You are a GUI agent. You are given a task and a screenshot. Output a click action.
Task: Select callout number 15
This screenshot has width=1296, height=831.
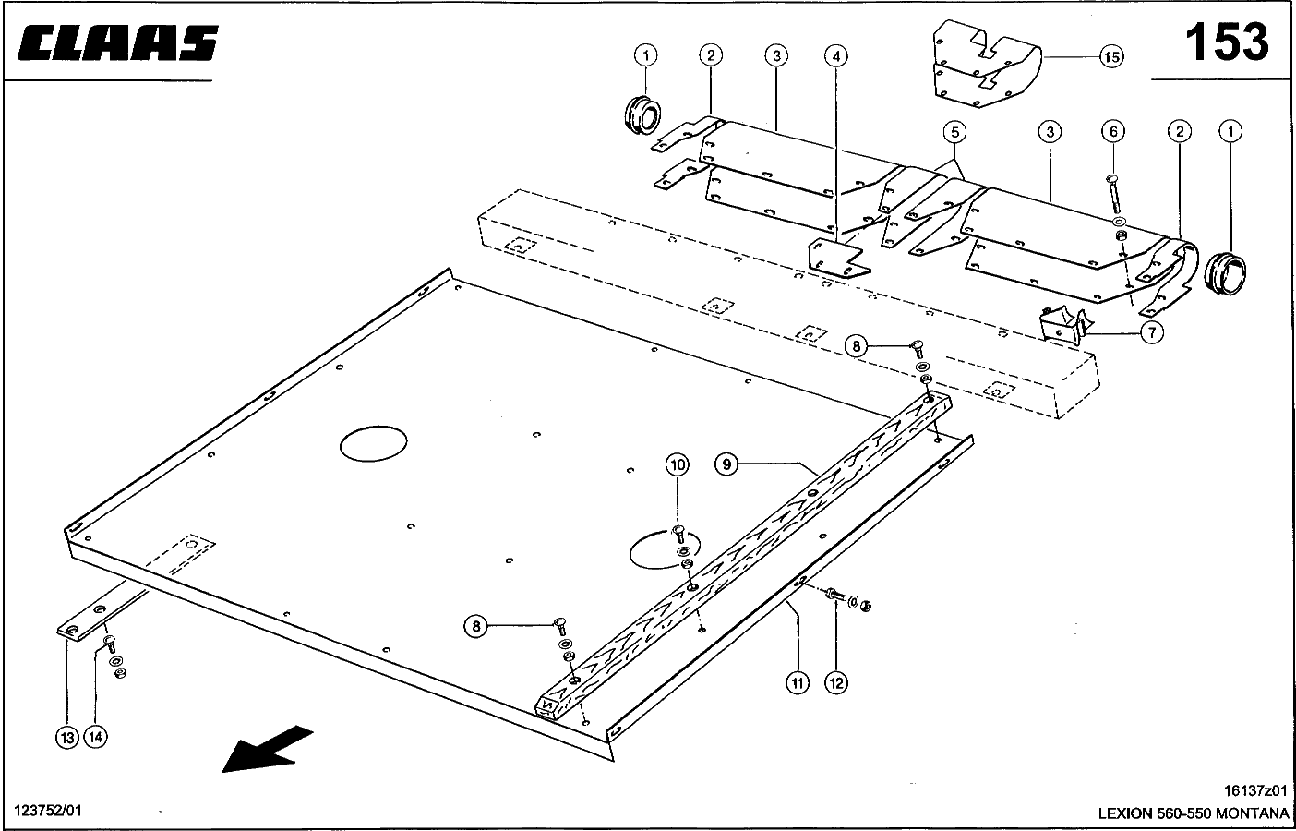(x=1111, y=57)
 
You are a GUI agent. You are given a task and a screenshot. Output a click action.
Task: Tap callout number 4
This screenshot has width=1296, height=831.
(x=835, y=56)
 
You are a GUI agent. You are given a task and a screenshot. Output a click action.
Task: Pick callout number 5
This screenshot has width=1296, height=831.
(x=954, y=132)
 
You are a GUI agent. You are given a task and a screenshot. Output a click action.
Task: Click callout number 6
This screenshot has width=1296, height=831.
(x=1113, y=132)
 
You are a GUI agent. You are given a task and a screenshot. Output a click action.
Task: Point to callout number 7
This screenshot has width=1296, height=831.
(x=1151, y=332)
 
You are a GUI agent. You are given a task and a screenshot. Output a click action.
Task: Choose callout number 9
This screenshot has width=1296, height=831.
(x=727, y=464)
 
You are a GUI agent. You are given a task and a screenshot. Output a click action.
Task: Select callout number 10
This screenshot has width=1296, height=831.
(x=678, y=464)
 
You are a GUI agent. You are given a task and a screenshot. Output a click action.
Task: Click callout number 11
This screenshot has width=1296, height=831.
(x=798, y=682)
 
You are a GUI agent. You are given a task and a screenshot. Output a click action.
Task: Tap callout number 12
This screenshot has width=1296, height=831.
(x=836, y=682)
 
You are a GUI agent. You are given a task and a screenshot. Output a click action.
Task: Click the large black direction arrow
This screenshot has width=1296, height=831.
(x=267, y=746)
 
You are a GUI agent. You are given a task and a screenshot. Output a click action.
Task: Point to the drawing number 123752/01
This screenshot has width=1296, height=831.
(x=48, y=810)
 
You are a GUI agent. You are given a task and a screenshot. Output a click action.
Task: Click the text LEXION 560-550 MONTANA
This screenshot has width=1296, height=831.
(x=1193, y=813)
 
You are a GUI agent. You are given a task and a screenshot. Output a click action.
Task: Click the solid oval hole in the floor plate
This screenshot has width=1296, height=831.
(x=374, y=444)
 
